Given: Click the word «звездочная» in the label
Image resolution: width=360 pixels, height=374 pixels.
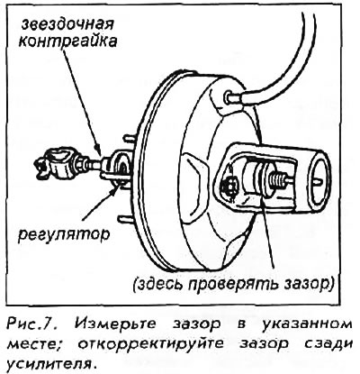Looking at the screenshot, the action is (x=67, y=24).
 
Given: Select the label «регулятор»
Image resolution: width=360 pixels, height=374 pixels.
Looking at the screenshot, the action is (x=63, y=234).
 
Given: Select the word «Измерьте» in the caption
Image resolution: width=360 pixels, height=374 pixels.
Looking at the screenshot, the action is (x=115, y=324).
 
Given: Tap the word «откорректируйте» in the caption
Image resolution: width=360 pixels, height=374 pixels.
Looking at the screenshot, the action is (x=151, y=344).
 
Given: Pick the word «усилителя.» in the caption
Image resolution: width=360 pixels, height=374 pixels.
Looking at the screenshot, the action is (x=52, y=363).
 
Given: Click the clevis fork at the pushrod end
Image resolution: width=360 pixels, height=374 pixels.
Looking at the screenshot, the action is (x=52, y=165).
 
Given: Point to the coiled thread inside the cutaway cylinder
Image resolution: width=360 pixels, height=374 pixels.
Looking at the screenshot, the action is (x=276, y=180).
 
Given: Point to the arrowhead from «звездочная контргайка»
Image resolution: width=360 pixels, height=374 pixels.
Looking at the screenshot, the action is (x=97, y=148).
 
